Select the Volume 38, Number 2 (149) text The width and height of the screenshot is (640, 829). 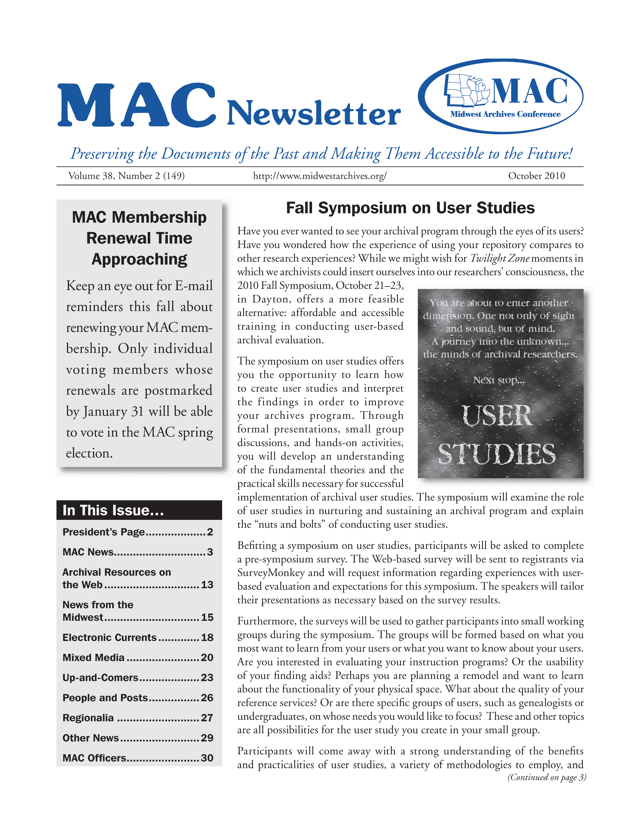tap(126, 176)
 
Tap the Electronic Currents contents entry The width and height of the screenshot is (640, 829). tap(110, 637)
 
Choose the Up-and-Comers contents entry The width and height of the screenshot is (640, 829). tap(101, 678)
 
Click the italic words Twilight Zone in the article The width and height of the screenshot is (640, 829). tap(500, 258)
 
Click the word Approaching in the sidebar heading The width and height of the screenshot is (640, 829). tap(139, 259)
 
